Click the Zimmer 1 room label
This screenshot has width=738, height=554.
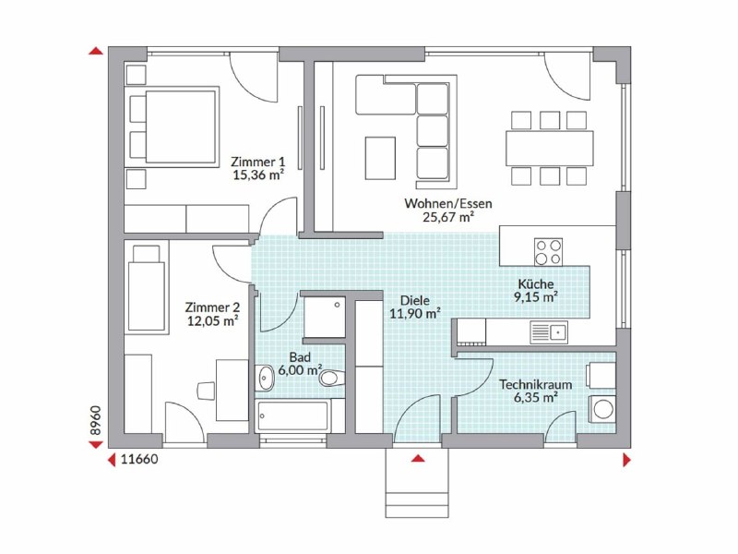coord(258,163)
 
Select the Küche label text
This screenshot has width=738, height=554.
coord(536,284)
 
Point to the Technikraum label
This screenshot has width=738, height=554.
coord(536,384)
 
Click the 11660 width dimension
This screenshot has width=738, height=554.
coord(139,459)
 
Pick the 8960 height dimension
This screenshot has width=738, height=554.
coord(96,420)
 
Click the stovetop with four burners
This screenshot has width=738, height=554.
coord(548,251)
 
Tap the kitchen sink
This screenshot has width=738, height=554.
coord(549,332)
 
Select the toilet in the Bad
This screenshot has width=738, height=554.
coord(332,378)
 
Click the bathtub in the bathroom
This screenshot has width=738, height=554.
coord(293,416)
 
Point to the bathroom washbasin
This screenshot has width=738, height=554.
coord(265,378)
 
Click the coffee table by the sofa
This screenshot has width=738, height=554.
coord(380,158)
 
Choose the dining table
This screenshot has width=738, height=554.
coord(549,148)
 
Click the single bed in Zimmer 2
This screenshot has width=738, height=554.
coord(147,287)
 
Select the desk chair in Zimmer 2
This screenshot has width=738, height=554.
coord(206,391)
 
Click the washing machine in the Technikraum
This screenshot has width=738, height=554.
coord(602,408)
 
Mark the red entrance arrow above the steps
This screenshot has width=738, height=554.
coord(418,458)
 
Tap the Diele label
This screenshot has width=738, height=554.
coord(414,300)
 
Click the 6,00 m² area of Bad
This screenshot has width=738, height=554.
coord(300,370)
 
